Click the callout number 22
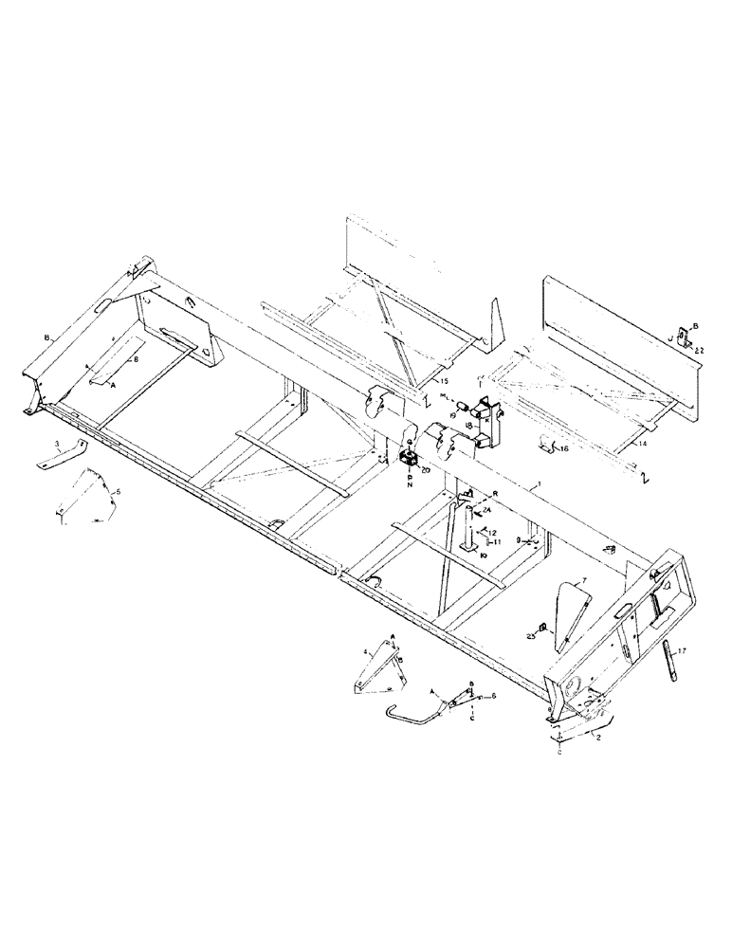tap(699, 351)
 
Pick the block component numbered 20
tap(410, 458)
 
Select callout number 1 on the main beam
tap(539, 483)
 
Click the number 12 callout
tap(493, 534)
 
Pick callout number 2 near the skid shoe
tap(598, 735)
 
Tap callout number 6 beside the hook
tap(491, 697)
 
